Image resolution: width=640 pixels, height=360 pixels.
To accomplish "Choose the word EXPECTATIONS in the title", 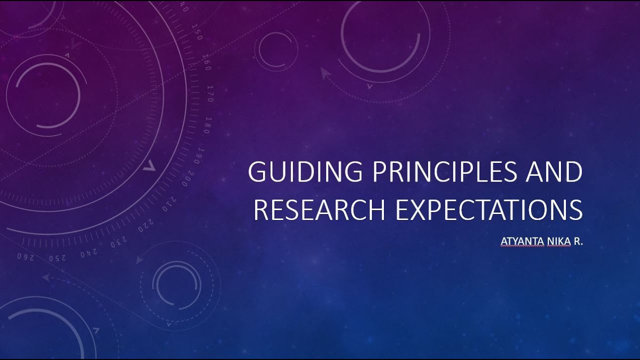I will pyautogui.click(x=488, y=209).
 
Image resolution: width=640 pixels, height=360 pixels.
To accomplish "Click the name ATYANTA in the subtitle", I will pyautogui.click(x=521, y=242).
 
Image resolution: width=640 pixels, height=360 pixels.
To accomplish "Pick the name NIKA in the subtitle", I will pyautogui.click(x=557, y=242).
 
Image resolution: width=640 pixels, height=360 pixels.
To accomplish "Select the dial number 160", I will pyautogui.click(x=206, y=64).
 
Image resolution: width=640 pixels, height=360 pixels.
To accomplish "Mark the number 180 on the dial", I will pyautogui.click(x=206, y=125).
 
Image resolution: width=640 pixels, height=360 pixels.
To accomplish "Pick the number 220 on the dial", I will pyautogui.click(x=144, y=224).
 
